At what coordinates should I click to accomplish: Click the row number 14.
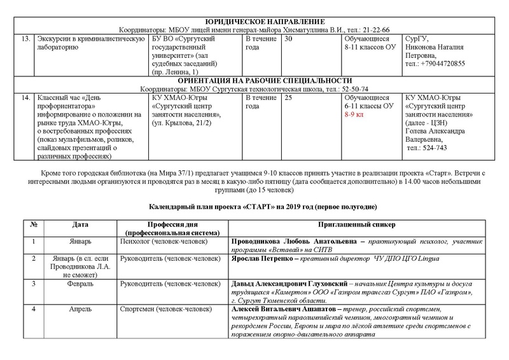click(26, 97)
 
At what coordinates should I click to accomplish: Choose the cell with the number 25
click(289, 97)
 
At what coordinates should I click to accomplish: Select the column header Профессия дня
click(175, 226)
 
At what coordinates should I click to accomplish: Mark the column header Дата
click(80, 226)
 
